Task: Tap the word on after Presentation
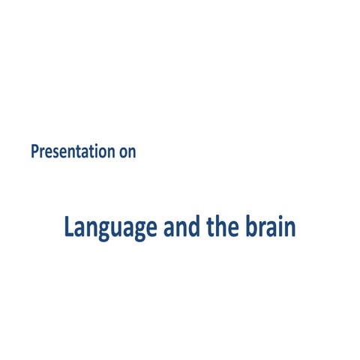(x=127, y=152)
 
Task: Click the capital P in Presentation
(x=35, y=151)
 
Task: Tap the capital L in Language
(x=69, y=226)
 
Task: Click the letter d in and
(x=194, y=226)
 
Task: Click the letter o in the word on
(x=123, y=152)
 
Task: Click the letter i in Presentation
(x=100, y=151)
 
